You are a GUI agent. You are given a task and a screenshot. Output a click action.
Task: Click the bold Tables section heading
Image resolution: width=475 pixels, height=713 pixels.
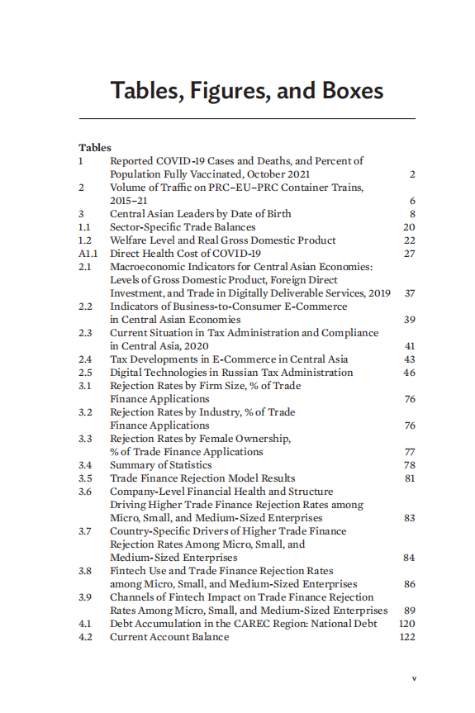point(95,148)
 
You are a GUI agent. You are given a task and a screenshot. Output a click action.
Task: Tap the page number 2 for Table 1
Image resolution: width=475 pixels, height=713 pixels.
point(411,174)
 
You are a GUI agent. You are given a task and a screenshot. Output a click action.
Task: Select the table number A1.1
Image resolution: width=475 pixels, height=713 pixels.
point(88,254)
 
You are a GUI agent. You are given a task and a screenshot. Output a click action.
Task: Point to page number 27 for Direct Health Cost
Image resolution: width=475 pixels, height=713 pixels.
point(409,254)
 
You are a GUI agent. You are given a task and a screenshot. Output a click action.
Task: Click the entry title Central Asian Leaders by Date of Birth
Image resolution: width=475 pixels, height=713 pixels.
point(201,214)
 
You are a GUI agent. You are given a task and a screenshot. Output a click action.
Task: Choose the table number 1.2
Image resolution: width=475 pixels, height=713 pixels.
point(84,240)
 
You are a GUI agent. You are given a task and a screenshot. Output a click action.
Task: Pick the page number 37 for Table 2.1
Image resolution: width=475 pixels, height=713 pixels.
point(409,293)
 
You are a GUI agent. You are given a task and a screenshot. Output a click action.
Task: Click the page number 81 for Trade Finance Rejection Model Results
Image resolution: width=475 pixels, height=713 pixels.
point(409,478)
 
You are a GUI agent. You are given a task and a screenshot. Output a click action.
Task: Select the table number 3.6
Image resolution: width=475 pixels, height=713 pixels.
point(85,492)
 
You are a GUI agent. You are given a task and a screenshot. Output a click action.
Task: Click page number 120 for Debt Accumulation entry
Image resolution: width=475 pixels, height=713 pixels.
point(406,624)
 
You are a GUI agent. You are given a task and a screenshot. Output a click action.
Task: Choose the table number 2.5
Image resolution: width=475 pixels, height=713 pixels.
point(85,373)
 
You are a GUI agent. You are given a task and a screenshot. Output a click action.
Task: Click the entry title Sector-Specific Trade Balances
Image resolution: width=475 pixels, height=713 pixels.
point(183,227)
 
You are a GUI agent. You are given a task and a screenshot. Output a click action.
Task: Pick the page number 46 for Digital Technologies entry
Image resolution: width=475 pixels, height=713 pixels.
point(409,373)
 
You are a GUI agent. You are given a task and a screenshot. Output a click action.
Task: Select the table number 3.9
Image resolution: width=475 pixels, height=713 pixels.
point(85,597)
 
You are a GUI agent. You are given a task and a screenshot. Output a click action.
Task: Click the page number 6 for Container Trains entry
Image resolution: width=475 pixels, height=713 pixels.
point(411,201)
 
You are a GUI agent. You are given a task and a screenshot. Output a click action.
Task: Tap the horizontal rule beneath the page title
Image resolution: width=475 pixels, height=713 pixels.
point(247,119)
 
